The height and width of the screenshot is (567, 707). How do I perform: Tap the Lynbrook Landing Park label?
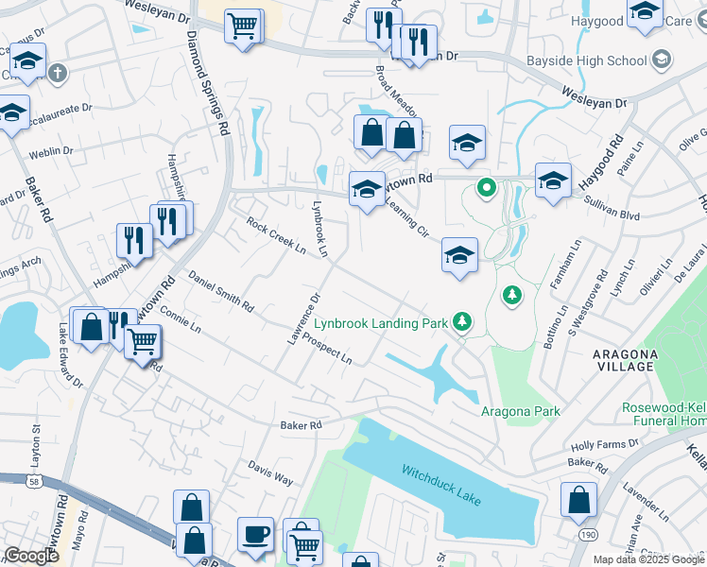click(x=381, y=323)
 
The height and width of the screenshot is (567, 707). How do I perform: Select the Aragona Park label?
click(x=520, y=411)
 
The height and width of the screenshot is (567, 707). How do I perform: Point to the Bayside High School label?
click(x=599, y=60)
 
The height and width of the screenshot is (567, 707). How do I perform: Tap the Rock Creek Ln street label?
click(x=276, y=236)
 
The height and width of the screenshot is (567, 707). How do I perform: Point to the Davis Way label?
click(x=271, y=472)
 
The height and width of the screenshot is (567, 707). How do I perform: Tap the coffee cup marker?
click(x=255, y=535)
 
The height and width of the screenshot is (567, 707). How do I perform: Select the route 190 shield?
click(x=587, y=534)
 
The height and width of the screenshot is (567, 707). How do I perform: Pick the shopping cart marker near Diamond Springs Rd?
click(x=243, y=26)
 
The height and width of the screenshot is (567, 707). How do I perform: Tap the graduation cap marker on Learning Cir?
click(x=459, y=256)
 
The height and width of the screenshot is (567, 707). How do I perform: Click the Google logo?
click(x=30, y=556)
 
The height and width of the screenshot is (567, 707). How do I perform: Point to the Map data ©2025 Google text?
click(x=647, y=559)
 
